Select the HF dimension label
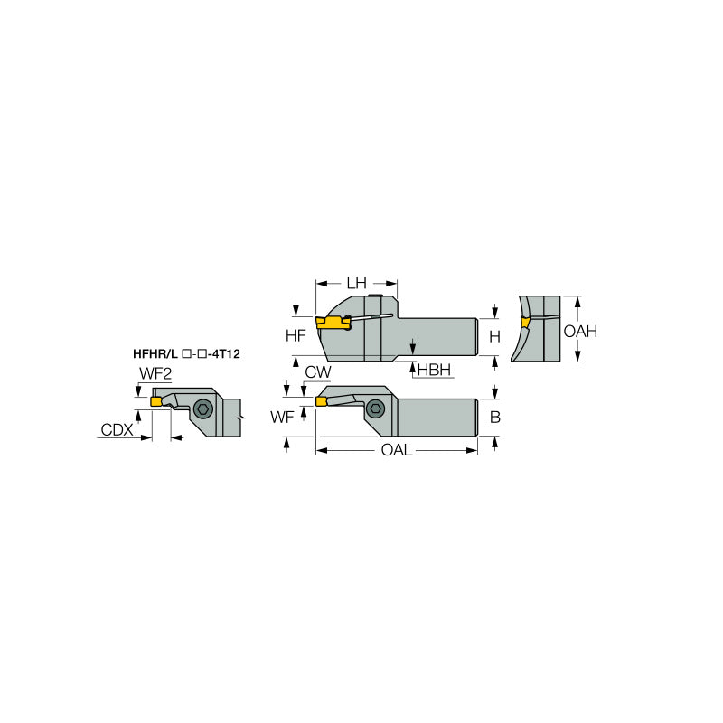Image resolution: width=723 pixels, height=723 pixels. pyautogui.click(x=296, y=336)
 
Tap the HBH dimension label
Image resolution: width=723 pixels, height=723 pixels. pyautogui.click(x=434, y=371)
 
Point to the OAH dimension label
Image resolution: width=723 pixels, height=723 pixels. pyautogui.click(x=580, y=332)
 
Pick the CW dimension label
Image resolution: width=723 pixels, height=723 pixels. pyautogui.click(x=317, y=371)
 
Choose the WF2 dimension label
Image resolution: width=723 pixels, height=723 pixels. pyautogui.click(x=155, y=374)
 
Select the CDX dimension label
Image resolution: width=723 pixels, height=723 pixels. pyautogui.click(x=116, y=430)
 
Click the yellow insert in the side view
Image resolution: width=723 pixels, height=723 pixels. pyautogui.click(x=331, y=322)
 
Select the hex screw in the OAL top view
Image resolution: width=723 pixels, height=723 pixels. pyautogui.click(x=374, y=411)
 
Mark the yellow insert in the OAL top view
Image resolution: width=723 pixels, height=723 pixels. pyautogui.click(x=321, y=400)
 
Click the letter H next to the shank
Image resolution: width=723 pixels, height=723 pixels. pyautogui.click(x=494, y=336)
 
